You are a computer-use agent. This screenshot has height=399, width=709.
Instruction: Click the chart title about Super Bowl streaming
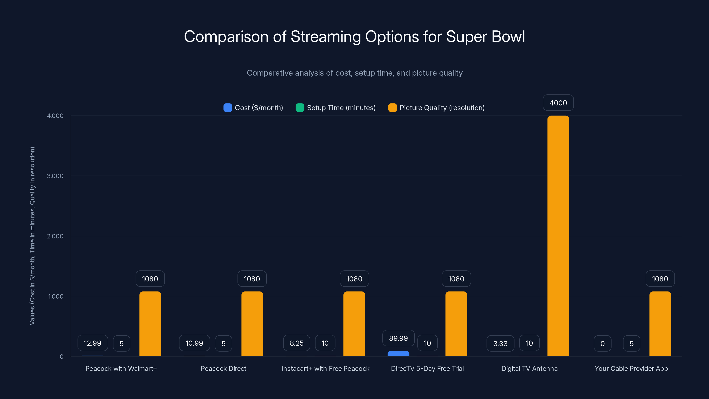(x=354, y=37)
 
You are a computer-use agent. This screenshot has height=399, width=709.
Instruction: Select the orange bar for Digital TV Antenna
(x=558, y=237)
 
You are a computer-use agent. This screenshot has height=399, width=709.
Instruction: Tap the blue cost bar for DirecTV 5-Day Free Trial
(x=398, y=354)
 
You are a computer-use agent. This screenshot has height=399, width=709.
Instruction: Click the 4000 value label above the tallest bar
(x=558, y=103)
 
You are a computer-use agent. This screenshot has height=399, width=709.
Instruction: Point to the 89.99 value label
(x=398, y=338)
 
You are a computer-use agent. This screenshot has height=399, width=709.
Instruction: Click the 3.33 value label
(x=500, y=343)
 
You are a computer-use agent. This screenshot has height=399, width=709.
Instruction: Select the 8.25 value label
(x=296, y=343)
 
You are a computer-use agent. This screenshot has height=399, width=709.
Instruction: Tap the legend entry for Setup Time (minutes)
(x=336, y=108)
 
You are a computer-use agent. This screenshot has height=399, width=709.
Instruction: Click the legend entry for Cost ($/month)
(x=253, y=108)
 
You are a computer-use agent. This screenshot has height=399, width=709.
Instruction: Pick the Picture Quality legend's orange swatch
(x=392, y=108)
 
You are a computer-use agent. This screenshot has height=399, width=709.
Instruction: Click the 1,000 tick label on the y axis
(x=56, y=296)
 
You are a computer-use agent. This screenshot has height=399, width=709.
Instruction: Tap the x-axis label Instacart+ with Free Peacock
(x=325, y=368)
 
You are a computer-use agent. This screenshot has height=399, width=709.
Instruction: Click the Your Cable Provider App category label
(x=631, y=368)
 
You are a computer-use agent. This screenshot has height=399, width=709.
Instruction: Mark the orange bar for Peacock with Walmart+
(x=150, y=324)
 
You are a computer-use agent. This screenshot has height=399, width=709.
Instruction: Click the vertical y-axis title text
(x=33, y=236)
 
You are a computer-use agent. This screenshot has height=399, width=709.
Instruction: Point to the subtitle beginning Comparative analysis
(x=354, y=73)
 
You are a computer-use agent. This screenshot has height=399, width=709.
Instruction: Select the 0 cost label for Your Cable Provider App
(x=602, y=343)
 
